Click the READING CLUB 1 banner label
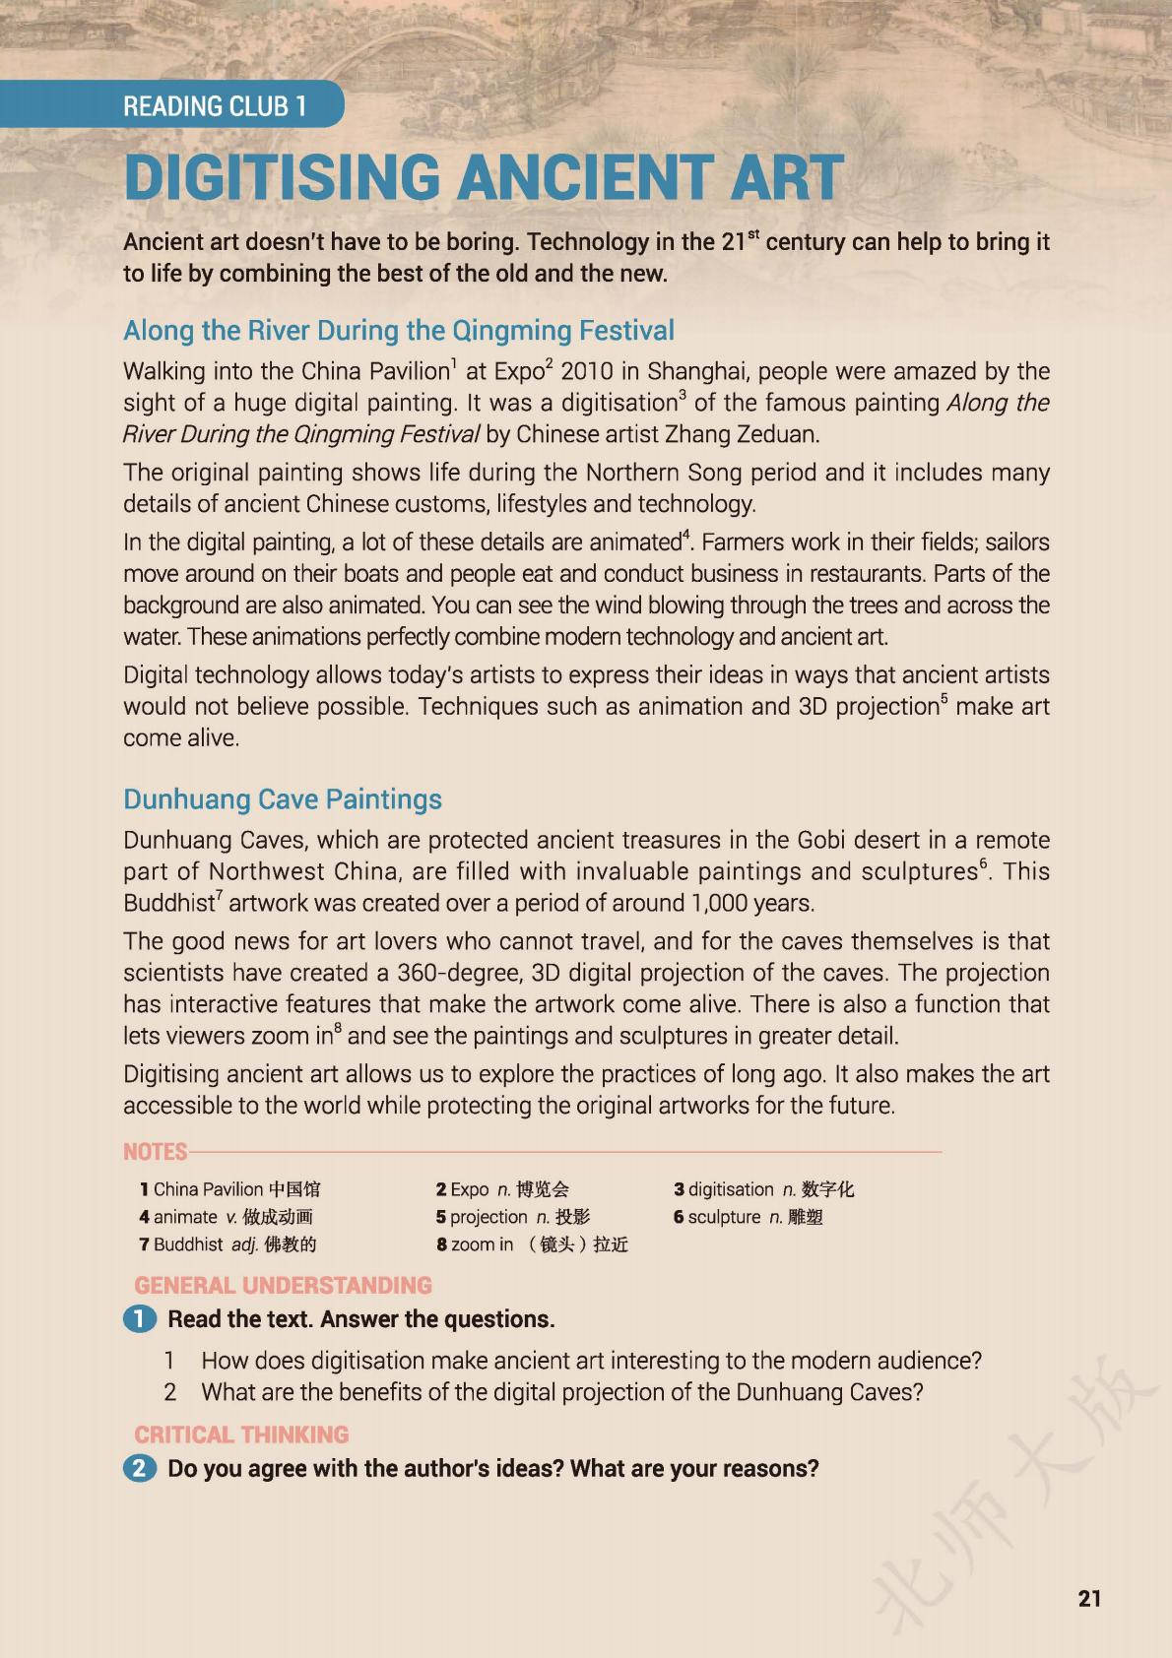215,106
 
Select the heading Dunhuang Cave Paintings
283,798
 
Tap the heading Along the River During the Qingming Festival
399,330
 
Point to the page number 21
1089,1598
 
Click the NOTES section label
155,1151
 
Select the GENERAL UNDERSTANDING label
283,1285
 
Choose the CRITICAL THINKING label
241,1435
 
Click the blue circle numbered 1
140,1319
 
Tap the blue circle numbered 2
140,1469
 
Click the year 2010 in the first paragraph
586,371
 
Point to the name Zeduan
778,434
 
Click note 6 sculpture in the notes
748,1217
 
